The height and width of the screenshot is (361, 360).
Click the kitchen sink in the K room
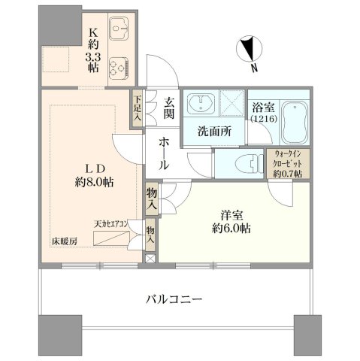pos(119,29)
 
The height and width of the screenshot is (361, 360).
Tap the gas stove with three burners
pos(119,67)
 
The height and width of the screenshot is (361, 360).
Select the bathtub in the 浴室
pos(295,123)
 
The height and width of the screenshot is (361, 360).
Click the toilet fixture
pos(250,163)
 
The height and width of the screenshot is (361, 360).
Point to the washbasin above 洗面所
pos(201,103)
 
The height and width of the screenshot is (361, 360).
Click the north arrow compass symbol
pos(250,48)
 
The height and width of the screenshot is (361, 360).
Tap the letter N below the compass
pos(254,68)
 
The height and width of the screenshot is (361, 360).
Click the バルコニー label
pos(174,299)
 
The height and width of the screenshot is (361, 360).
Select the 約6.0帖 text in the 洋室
pos(231,228)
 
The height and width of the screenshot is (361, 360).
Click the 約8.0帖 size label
pos(94,182)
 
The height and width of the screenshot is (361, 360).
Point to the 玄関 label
pos(169,108)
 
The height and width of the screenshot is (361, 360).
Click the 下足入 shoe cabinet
pos(138,108)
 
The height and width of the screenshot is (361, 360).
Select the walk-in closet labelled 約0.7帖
pos(288,163)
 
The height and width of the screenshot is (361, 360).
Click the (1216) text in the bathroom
pos(264,119)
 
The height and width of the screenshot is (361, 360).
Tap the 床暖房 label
pos(65,241)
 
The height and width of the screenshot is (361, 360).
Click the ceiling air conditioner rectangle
pos(111,238)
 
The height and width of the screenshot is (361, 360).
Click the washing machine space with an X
pos(232,103)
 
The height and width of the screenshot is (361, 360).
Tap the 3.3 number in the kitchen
pos(93,58)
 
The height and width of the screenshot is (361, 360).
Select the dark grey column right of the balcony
pos(307,335)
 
